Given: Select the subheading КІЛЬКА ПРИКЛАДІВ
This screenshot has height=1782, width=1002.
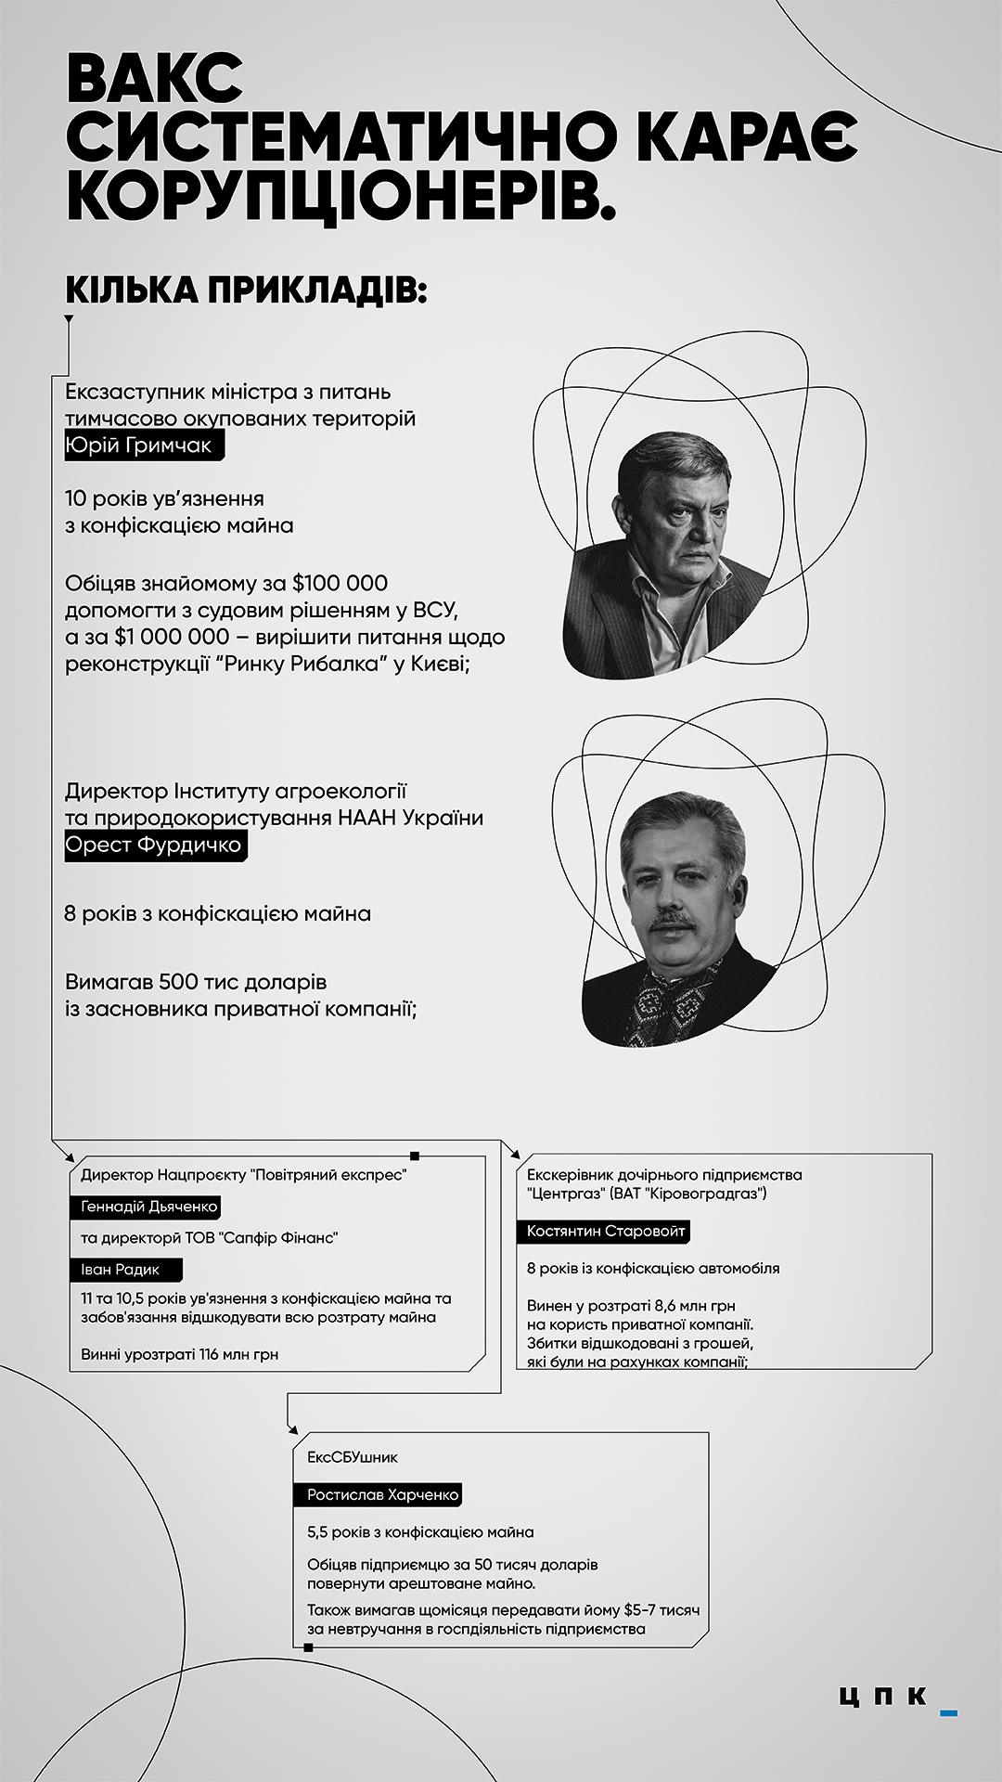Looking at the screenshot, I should tap(246, 291).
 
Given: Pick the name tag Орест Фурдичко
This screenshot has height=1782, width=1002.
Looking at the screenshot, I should tap(155, 846).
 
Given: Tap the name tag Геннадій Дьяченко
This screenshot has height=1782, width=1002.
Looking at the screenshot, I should tap(148, 1207).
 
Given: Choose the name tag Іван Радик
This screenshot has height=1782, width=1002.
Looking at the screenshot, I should tap(121, 1270).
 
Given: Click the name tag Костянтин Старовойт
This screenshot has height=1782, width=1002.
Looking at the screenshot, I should tap(605, 1232).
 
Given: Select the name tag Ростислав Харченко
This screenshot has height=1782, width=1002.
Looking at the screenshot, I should tap(383, 1495).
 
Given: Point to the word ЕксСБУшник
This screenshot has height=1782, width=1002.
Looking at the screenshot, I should tap(353, 1457).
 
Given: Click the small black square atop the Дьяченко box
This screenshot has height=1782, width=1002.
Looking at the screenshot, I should tap(415, 1156).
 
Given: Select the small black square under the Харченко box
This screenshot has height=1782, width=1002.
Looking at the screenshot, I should tap(308, 1647).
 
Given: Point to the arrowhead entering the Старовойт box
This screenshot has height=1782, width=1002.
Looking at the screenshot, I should tap(515, 1154).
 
